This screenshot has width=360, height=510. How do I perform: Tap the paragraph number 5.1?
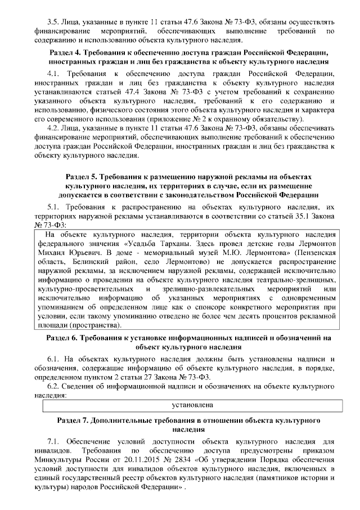(x=54, y=208)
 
